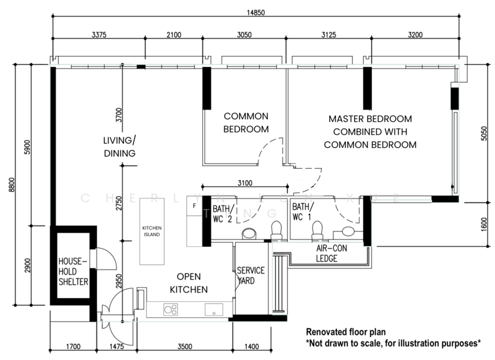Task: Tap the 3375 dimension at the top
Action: (98, 35)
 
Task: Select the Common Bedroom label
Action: (246, 122)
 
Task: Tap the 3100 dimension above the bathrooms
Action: (246, 182)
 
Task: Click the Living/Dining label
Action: (119, 147)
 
